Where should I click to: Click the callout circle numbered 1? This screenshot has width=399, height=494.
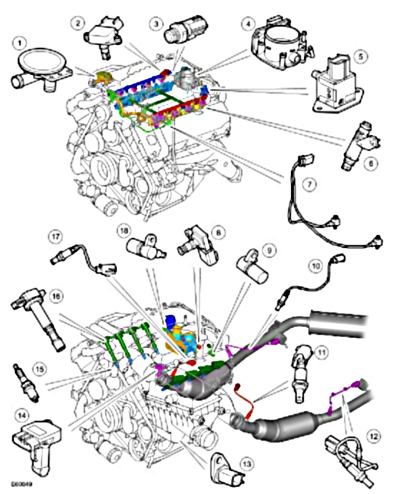tap(20, 43)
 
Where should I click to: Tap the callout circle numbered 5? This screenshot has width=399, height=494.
tap(361, 56)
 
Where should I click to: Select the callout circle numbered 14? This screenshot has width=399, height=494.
tap(20, 415)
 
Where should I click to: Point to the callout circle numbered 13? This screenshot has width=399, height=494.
tap(246, 463)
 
